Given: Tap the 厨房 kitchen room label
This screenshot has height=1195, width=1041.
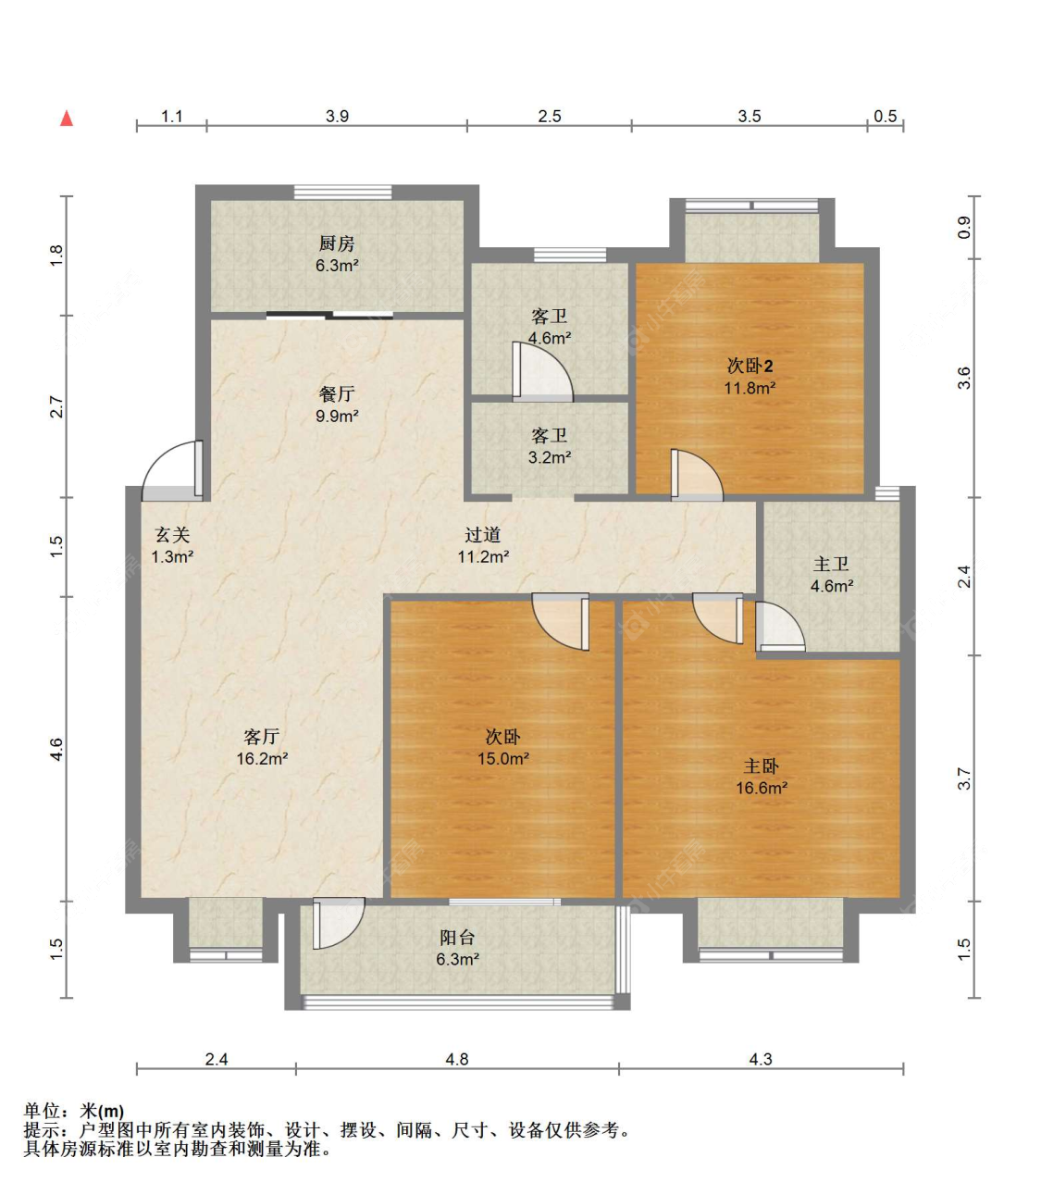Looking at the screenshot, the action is point(336,243).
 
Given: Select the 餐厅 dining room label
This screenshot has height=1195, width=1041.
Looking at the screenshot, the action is point(336,394).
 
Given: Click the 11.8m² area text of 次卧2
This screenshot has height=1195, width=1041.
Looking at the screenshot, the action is point(750,388).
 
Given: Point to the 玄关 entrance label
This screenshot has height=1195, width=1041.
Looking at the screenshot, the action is point(172,534).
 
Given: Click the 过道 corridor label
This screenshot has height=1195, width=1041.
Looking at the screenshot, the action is point(483,534).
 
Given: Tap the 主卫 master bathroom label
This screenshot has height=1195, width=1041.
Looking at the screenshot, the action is point(831,564).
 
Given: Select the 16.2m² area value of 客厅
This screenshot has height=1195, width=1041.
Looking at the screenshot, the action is point(262,759).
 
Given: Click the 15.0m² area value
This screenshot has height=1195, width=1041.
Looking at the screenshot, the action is point(503,759).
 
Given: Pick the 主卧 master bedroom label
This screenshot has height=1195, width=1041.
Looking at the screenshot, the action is point(762,766).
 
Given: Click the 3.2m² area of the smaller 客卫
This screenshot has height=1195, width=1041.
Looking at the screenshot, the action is point(550,457).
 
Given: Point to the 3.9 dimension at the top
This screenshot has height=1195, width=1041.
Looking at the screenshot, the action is point(337,117).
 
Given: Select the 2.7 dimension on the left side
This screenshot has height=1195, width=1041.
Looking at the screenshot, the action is point(56,406).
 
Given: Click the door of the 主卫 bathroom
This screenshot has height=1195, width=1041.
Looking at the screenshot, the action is point(780,627).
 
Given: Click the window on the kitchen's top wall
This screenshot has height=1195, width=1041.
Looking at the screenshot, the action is point(342,193).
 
